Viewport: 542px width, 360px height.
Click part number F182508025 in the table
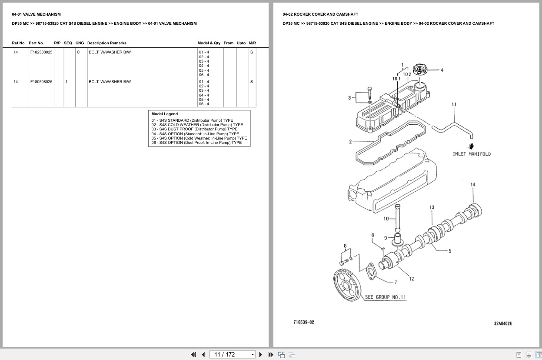tap(41, 52)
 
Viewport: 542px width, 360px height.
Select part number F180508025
tap(41, 82)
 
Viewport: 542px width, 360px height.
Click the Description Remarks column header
tap(106, 43)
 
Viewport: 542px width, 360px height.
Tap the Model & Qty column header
tap(209, 43)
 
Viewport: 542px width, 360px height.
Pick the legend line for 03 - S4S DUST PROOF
tap(194, 129)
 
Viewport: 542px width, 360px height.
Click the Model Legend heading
tap(164, 114)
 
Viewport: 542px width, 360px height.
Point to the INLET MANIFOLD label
tap(471, 154)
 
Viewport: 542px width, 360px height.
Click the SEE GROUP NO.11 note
tap(385, 297)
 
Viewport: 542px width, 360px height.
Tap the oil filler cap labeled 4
tap(420, 70)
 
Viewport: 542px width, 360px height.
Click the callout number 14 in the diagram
tap(473, 185)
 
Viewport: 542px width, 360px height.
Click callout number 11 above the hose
tap(454, 104)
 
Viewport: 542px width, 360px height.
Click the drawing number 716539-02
tap(303, 322)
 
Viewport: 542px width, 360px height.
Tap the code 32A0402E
tap(503, 323)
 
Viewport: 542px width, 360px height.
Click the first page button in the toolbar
tap(193, 354)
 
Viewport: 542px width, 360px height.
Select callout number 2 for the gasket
tap(350, 141)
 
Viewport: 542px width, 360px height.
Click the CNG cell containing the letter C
tap(78, 52)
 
